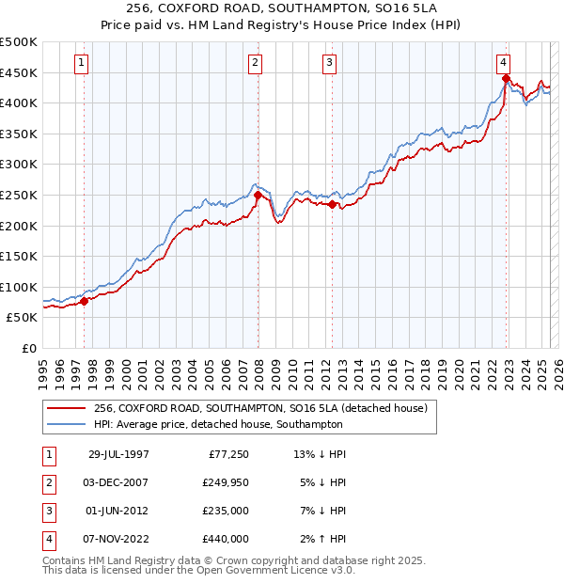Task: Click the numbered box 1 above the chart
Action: pos(83,63)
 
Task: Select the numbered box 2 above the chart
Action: pos(256,63)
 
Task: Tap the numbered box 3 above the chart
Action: pos(330,63)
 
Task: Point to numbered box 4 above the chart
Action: pos(504,63)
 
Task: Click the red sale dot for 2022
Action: pos(506,78)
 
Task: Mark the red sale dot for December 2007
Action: pos(258,195)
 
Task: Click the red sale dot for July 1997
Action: pos(84,301)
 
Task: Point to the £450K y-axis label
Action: pos(19,72)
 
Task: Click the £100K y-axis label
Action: pos(19,287)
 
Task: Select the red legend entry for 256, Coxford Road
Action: pos(260,408)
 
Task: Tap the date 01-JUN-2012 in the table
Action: pos(119,512)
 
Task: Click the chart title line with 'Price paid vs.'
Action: pos(282,24)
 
